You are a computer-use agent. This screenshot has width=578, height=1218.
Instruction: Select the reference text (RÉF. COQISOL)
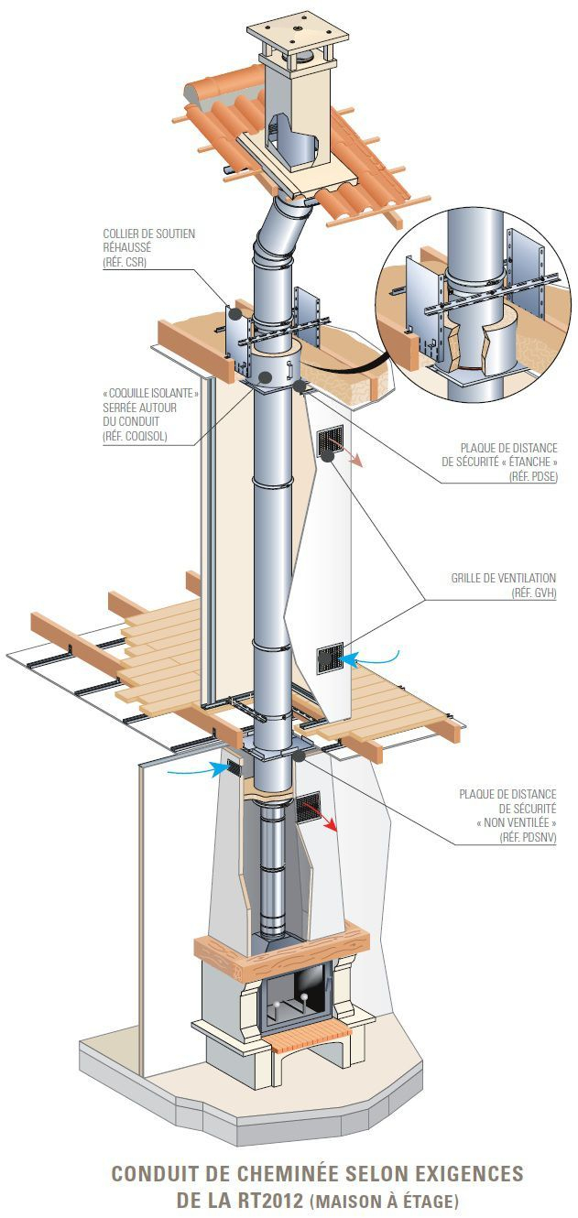pyautogui.click(x=136, y=435)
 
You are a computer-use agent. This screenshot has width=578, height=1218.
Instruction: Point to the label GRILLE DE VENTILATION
pyautogui.click(x=503, y=578)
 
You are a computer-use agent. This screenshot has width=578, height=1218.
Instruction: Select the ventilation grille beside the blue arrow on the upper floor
pyautogui.click(x=329, y=657)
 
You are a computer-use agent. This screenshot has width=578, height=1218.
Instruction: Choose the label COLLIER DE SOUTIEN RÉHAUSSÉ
pyautogui.click(x=148, y=240)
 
